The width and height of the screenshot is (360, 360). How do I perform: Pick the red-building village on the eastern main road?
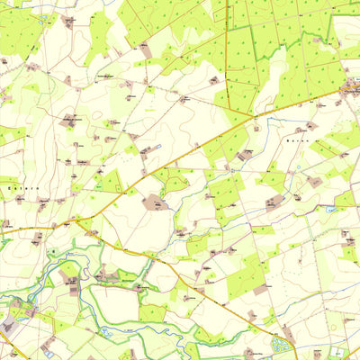coord(351,87)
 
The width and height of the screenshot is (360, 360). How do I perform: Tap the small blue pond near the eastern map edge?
coord(331,209)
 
